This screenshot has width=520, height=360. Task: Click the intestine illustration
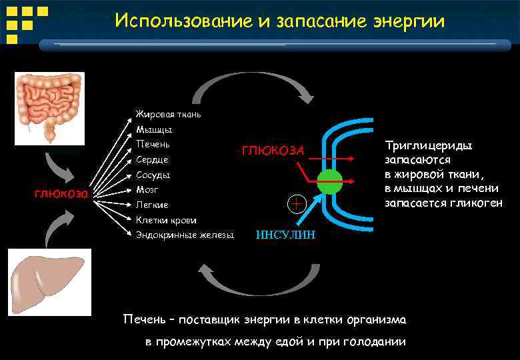(49, 105)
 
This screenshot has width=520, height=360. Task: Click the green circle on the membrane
(329, 181)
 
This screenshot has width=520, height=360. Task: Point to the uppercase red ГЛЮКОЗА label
(273, 151)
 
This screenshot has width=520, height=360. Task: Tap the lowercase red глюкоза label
(61, 194)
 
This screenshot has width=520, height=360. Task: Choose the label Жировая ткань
(168, 114)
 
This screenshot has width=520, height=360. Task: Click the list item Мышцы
(154, 129)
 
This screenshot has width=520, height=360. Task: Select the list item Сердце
(152, 160)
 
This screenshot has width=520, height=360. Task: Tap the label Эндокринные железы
(185, 235)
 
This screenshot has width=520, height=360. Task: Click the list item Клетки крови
(166, 220)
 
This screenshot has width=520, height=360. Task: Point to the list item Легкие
(152, 205)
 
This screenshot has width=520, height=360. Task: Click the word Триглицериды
(429, 145)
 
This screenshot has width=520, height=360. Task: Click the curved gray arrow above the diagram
(253, 85)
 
